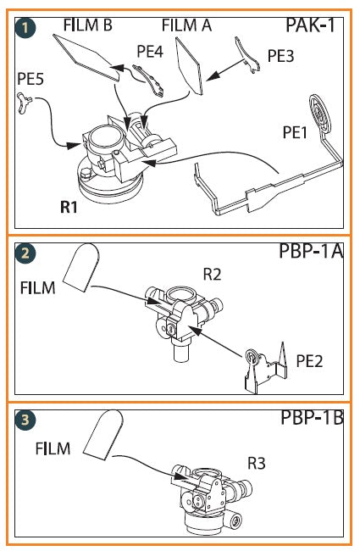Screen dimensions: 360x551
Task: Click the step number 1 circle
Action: click(25, 28)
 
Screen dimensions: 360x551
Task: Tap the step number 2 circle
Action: click(25, 253)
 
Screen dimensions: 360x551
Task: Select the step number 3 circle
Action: click(25, 420)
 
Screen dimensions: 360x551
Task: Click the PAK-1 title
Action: click(310, 25)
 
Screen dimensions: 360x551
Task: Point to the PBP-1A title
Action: click(311, 251)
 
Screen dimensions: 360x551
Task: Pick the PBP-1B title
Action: click(312, 417)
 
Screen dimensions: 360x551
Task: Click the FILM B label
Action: click(88, 25)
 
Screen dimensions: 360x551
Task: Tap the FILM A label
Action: click(186, 25)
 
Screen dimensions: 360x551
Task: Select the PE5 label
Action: click(30, 79)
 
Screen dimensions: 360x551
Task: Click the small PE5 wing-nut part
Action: click(24, 103)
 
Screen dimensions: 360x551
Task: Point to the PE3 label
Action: click(280, 56)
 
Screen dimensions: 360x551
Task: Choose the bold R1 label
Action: click(69, 207)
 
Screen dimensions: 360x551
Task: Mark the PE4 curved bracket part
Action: click(149, 80)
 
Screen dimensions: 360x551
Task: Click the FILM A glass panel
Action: click(189, 66)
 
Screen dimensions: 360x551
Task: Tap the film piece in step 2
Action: click(80, 267)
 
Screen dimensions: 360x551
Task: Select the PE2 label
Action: click(309, 361)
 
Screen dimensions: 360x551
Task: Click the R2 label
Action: click(212, 274)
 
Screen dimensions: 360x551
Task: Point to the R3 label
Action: click(257, 463)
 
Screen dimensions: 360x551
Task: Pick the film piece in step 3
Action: click(103, 435)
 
